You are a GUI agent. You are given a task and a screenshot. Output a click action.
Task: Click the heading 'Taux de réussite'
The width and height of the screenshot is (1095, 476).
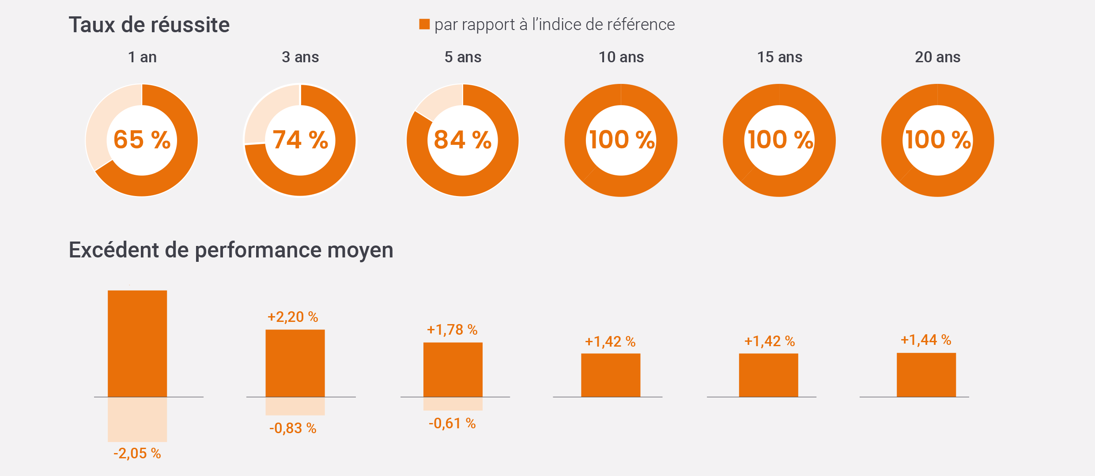click(x=149, y=25)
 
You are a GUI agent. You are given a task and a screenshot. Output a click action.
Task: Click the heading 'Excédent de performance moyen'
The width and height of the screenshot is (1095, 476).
click(x=230, y=250)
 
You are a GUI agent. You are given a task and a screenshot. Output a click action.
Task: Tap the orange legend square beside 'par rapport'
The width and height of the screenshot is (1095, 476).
click(x=424, y=24)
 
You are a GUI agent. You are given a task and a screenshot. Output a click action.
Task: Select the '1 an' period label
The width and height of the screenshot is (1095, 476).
click(x=142, y=57)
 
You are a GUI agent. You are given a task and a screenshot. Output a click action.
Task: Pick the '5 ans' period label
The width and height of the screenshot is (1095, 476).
click(x=463, y=57)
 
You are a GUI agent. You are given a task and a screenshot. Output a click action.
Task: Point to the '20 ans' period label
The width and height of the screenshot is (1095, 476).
click(x=937, y=57)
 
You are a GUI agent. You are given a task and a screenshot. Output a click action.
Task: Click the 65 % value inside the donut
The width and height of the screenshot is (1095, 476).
click(x=142, y=140)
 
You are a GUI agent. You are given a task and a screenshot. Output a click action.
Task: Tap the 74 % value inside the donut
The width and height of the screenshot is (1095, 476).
click(x=300, y=140)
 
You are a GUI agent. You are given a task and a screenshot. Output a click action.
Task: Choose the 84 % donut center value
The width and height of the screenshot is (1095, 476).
click(x=462, y=140)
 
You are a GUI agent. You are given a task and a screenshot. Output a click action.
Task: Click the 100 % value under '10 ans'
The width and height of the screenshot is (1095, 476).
click(x=621, y=140)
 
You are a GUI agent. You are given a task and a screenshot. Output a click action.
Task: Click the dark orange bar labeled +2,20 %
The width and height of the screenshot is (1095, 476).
click(x=295, y=363)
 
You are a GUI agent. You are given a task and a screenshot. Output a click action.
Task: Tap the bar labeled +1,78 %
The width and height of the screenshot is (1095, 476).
click(x=453, y=370)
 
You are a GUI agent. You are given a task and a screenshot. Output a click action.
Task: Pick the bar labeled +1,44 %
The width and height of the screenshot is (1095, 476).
click(x=926, y=375)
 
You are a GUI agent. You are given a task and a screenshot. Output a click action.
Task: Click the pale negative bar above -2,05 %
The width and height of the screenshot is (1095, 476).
click(x=137, y=419)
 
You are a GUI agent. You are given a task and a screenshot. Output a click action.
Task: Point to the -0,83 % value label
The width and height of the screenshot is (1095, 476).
click(x=293, y=428)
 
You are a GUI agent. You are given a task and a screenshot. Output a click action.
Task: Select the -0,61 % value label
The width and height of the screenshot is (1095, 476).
click(x=452, y=423)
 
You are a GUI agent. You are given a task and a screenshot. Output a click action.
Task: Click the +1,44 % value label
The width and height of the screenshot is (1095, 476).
click(x=926, y=340)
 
